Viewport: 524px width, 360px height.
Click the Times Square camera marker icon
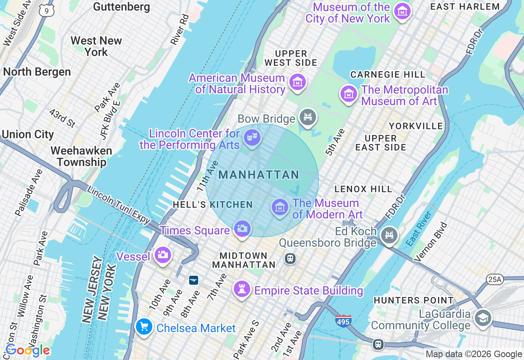[242, 228]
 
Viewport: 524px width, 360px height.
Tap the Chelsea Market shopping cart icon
[144, 327]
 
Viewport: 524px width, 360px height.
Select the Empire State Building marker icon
[242, 289]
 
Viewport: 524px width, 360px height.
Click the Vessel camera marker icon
[163, 255]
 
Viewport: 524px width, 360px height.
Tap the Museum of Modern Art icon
[280, 207]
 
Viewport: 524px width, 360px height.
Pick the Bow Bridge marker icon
[308, 117]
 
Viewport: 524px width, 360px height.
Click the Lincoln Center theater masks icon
[252, 137]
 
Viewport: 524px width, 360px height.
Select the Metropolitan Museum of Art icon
[349, 94]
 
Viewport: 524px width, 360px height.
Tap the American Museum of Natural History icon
[298, 82]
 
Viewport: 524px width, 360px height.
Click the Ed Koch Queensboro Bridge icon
[389, 235]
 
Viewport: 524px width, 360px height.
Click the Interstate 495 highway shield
[343, 321]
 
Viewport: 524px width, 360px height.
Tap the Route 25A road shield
[495, 279]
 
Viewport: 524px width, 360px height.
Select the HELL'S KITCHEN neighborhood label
[212, 205]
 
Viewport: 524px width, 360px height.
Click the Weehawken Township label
[81, 156]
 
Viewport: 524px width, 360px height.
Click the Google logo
[27, 351]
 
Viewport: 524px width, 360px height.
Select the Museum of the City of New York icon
[402, 12]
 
